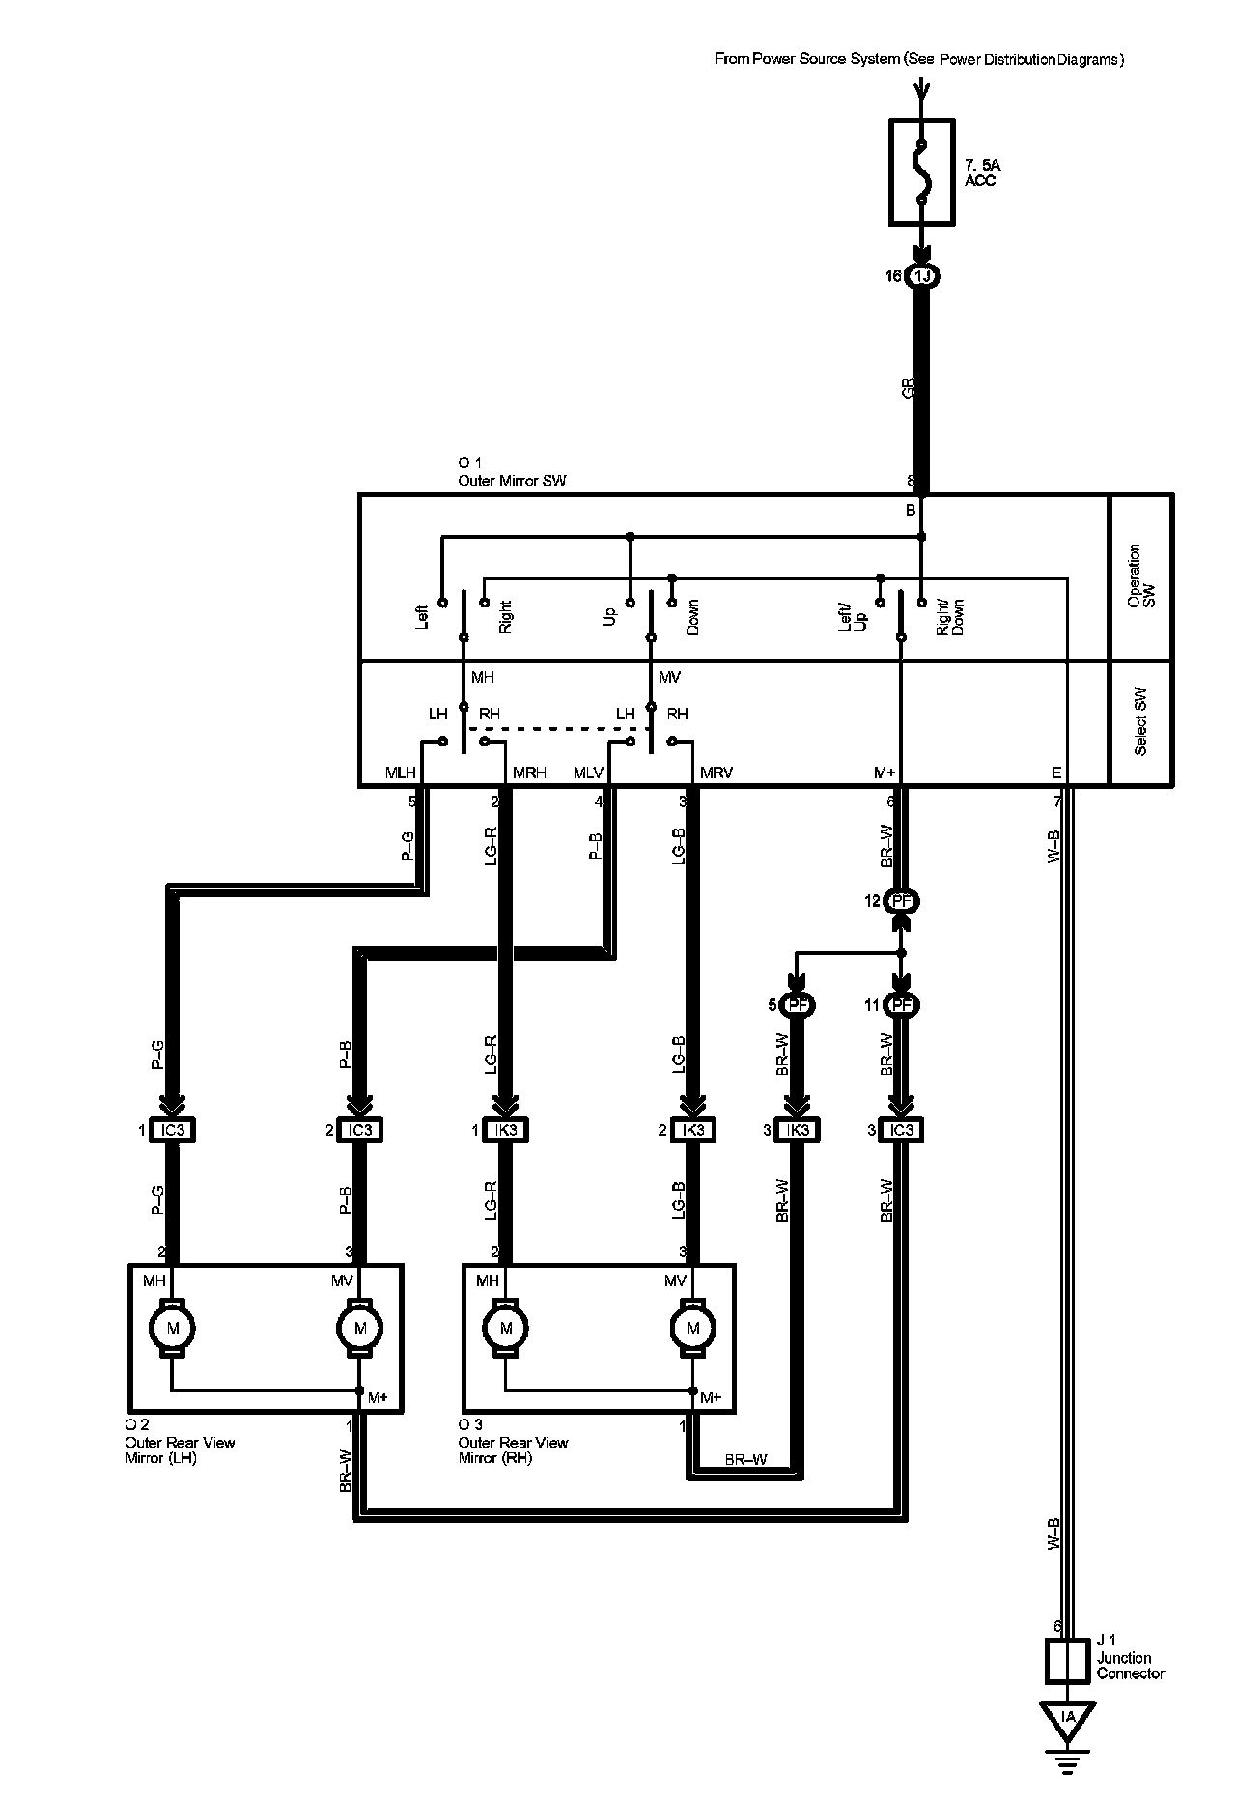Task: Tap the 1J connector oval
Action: pos(922,277)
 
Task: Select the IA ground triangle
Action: pos(1067,1718)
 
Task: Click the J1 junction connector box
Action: pos(1067,1661)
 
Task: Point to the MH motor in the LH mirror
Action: pos(173,1328)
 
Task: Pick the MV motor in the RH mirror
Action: pos(692,1328)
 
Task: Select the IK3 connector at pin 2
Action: pos(693,1130)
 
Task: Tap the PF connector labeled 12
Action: pos(902,901)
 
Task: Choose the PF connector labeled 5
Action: pos(797,1005)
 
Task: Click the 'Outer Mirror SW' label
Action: pos(512,481)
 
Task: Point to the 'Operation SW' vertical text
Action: pos(1140,577)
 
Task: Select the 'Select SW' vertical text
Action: pos(1140,721)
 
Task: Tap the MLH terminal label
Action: pos(400,773)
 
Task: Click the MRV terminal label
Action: pos(716,773)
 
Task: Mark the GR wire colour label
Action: pos(907,388)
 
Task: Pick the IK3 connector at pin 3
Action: pos(798,1130)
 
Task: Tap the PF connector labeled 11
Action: pos(902,1005)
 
